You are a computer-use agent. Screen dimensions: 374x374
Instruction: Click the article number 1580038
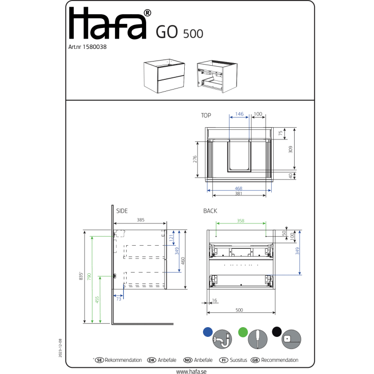tap(95, 47)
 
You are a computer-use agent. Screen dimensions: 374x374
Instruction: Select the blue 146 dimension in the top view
tap(239, 114)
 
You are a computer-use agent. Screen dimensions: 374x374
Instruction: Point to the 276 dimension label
tap(195, 159)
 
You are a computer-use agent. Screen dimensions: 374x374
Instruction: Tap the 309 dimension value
tap(290, 149)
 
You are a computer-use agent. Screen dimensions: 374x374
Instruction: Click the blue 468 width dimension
tap(239, 188)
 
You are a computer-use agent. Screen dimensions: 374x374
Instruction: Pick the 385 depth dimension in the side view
tap(141, 220)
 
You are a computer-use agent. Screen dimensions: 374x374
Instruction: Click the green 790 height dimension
tap(89, 277)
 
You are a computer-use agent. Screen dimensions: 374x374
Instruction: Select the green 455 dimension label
tap(97, 300)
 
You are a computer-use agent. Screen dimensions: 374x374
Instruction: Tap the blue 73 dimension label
tap(119, 299)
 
